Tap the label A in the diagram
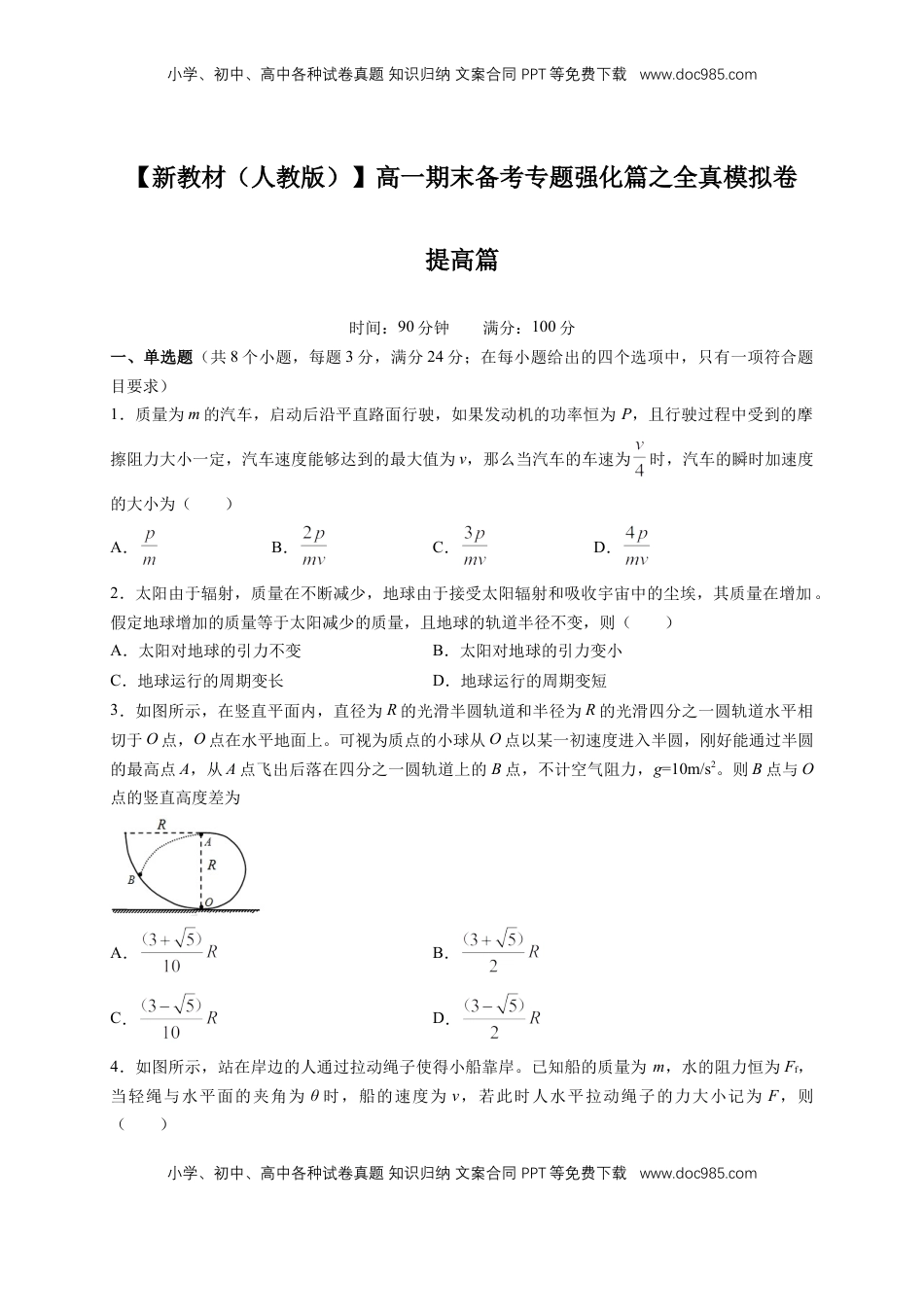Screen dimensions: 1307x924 (x=208, y=842)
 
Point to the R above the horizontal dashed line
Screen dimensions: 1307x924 (x=160, y=825)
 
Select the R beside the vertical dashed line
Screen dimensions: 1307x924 (x=212, y=865)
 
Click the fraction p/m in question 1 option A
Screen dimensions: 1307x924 (x=149, y=547)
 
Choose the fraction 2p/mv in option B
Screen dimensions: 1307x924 (x=313, y=547)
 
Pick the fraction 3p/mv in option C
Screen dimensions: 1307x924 (x=474, y=547)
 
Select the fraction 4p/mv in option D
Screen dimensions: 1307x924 (x=636, y=547)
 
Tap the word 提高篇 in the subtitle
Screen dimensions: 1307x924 (x=462, y=261)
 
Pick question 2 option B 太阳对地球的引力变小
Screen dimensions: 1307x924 (x=541, y=651)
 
